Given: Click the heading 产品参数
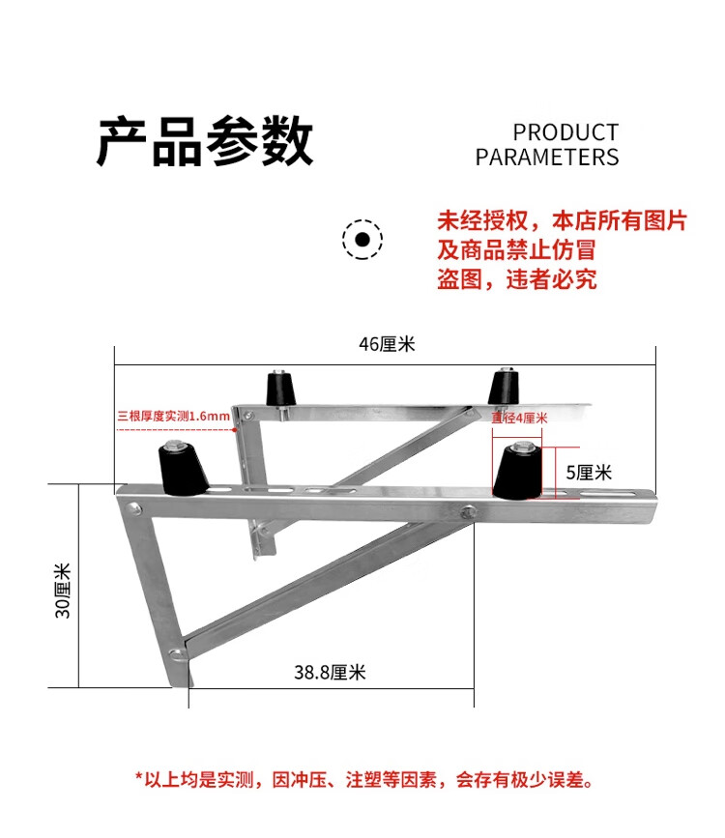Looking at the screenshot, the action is coord(205,142).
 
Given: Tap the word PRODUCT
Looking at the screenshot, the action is coord(565,132).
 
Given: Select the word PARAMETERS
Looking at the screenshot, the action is coord(546,158).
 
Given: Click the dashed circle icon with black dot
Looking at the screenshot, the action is coord(362,239).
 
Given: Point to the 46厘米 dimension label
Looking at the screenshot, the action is coord(386,344).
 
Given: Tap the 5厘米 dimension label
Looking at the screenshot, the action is coord(589,473).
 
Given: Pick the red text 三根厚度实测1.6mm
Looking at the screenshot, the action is coord(174,416).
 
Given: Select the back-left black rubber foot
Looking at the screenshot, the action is coord(281,389).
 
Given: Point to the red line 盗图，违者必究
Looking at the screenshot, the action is coord(517,280).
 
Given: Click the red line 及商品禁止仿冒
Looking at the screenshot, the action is coord(517,250).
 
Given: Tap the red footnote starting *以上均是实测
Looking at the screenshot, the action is coord(362,779).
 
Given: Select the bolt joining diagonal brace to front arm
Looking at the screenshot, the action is coord(471,512).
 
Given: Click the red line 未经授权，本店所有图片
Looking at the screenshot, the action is coord(562,220).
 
